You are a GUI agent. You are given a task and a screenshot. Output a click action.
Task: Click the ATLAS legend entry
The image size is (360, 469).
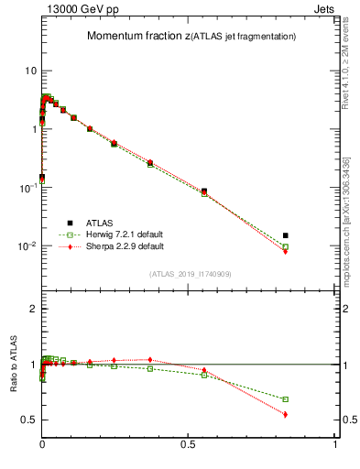click(96, 223)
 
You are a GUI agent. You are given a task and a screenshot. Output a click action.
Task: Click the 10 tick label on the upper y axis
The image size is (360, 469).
click(30, 71)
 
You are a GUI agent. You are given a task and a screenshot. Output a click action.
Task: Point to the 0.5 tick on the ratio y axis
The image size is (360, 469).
click(29, 420)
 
